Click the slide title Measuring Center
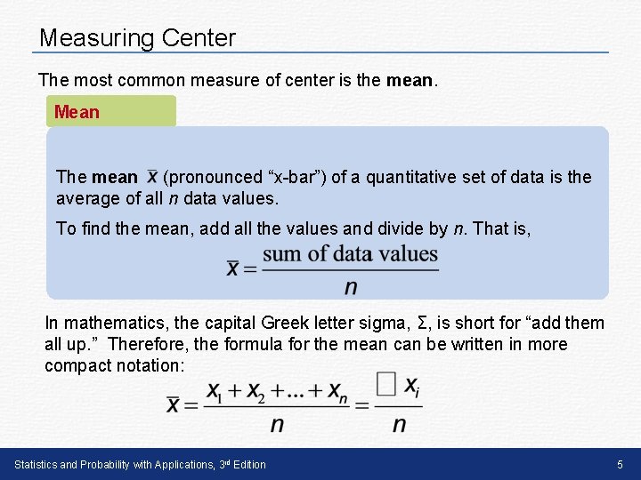pos(138,38)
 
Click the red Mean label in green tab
pos(77,112)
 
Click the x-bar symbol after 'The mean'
pos(152,177)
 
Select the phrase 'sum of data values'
pos(350,253)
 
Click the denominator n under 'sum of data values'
pos(350,286)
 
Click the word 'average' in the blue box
pos(86,197)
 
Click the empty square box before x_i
pos(385,384)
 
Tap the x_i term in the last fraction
pos(412,387)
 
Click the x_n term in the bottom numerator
pos(337,391)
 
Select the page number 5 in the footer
pos(620,464)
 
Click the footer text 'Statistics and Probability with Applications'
pos(111,464)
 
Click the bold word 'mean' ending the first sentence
pos(409,80)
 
